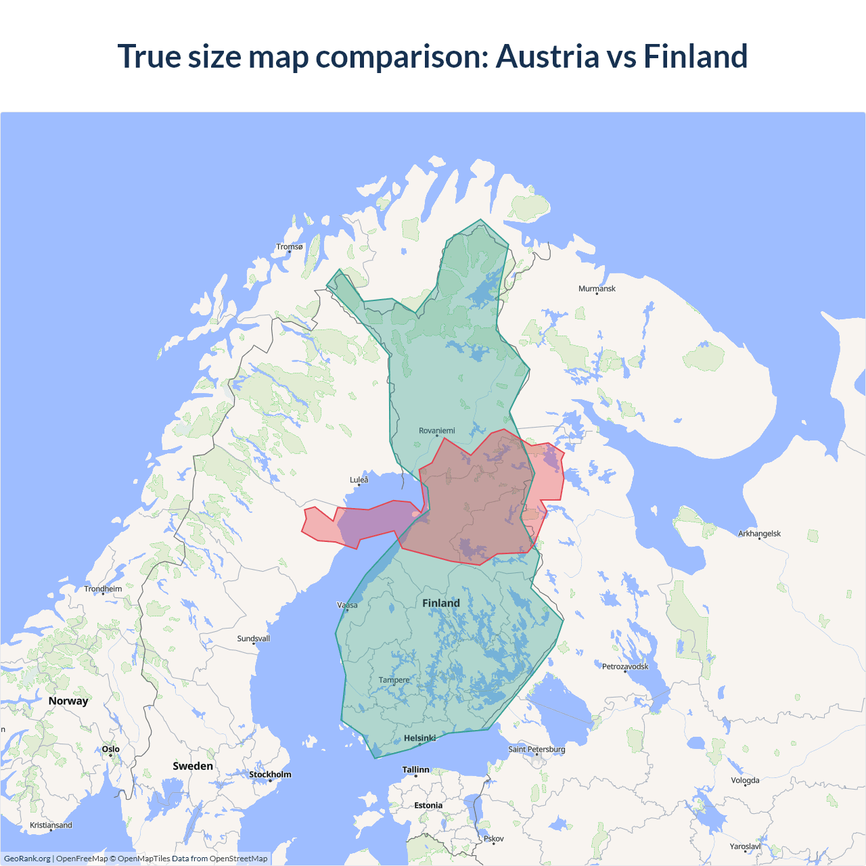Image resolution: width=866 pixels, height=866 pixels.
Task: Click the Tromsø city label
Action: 290,247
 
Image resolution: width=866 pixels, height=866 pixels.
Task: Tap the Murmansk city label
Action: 597,289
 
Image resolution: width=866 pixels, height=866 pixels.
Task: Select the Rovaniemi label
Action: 437,431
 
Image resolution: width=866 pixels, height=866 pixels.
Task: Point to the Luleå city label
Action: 359,480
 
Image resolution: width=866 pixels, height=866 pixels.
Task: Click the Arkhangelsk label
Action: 759,534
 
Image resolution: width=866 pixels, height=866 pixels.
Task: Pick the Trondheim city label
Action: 103,589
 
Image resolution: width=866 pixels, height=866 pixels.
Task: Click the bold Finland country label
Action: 441,603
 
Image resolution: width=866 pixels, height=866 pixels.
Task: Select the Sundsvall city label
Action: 254,639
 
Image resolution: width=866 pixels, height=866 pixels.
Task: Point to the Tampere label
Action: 394,680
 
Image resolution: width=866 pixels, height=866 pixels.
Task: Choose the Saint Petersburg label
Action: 537,750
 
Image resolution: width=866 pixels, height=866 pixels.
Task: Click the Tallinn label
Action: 416,770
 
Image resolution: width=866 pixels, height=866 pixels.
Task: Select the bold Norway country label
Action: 68,701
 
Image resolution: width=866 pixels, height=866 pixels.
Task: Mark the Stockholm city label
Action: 270,775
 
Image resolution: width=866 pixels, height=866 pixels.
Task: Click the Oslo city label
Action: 111,750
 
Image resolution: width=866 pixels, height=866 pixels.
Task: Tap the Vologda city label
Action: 745,781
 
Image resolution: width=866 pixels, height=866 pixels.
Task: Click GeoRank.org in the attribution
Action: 27,859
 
